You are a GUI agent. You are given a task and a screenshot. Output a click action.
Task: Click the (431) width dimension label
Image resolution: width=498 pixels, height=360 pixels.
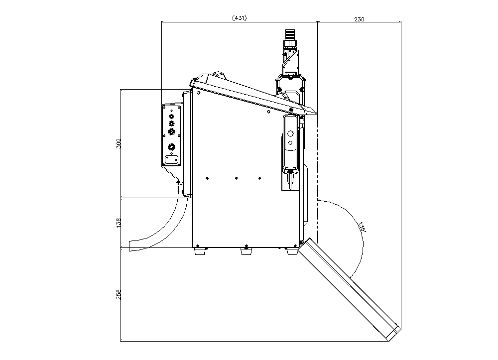(240, 18)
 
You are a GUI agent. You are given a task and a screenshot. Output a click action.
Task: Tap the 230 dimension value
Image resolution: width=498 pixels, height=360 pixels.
(359, 19)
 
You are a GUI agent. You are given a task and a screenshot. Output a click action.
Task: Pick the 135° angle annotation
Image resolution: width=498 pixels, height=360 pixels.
(362, 227)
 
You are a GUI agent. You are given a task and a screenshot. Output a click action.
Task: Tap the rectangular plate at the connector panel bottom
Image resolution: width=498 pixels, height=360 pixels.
(172, 159)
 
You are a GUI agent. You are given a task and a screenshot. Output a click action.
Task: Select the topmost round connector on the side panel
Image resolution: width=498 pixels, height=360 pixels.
(172, 116)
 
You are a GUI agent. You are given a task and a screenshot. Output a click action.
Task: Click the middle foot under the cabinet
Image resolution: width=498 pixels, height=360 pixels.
(245, 251)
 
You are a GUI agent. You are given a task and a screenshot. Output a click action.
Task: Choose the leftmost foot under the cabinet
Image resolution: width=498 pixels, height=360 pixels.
(199, 251)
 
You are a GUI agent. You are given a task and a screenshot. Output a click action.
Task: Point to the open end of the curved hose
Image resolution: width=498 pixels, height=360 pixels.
(131, 245)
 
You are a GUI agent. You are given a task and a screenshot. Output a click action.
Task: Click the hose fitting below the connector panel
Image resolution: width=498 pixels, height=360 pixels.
(178, 187)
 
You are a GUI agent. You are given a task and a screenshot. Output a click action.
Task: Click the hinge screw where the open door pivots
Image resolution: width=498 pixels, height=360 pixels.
(302, 242)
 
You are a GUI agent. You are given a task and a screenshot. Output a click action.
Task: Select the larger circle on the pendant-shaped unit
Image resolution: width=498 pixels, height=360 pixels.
(290, 133)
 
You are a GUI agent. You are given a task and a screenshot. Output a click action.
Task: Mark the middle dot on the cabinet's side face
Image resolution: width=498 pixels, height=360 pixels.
(236, 177)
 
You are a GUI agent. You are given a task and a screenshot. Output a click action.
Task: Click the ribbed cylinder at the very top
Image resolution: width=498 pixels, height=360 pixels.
(289, 35)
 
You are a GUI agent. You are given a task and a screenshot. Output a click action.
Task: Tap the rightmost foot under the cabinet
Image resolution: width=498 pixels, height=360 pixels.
(291, 251)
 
